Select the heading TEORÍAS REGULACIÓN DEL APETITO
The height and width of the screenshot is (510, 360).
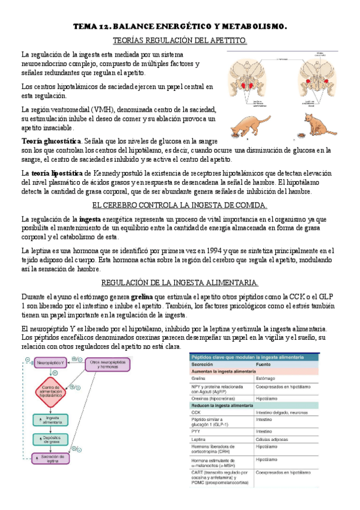[180, 40]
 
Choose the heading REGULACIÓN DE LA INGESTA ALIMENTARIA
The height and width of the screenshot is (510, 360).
[180, 283]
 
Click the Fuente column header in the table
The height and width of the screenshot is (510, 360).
[265, 364]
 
